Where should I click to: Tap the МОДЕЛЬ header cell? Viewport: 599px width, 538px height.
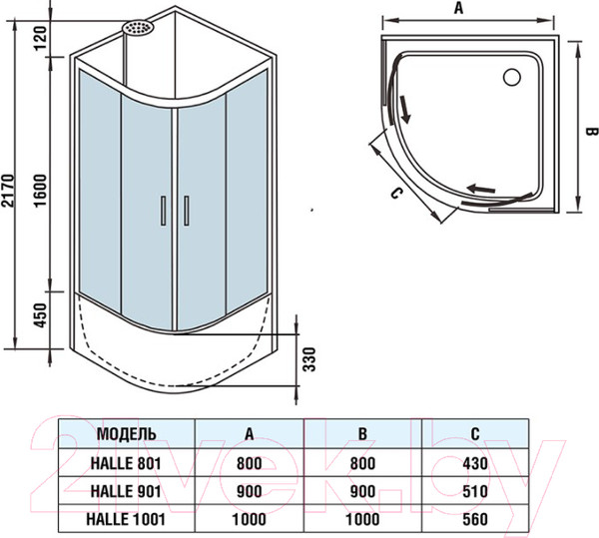126,434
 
